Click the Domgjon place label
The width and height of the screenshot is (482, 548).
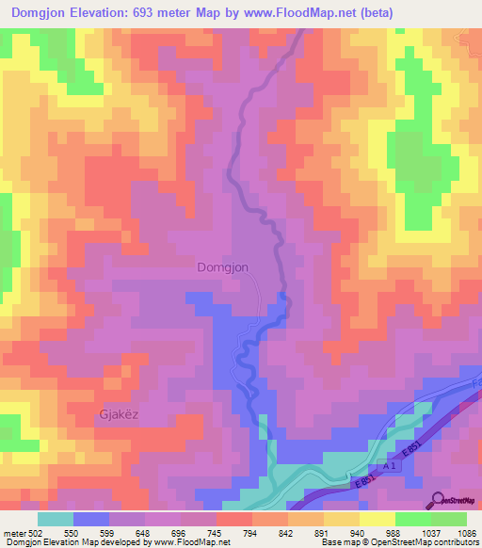223,267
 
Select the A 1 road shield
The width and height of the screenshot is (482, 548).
390,465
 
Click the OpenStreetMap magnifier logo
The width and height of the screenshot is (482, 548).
438,501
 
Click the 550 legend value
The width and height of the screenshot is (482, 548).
69,534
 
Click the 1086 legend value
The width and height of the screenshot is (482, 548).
464,534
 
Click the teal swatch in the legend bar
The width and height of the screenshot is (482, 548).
56,519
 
